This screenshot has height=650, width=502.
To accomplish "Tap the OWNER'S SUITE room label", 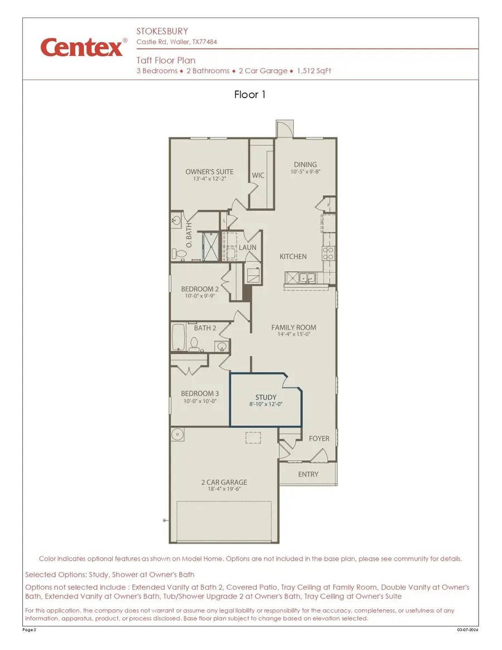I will (x=209, y=172).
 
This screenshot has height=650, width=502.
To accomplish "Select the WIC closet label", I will (x=258, y=175).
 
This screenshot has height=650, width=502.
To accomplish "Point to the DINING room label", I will (x=305, y=165).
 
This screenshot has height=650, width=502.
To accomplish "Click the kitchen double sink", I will (x=304, y=277).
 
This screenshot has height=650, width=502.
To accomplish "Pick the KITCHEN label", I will (x=293, y=257).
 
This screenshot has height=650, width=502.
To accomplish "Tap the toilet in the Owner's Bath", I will (x=180, y=254).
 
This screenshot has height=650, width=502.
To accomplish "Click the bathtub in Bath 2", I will (x=180, y=338).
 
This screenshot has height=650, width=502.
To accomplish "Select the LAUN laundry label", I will (x=248, y=247).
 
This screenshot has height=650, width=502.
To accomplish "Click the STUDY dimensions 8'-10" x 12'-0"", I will (x=266, y=405).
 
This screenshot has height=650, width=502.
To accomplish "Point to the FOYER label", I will (x=319, y=439).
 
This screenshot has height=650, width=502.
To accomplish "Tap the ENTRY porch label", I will (x=308, y=474).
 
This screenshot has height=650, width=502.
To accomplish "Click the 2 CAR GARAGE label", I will (x=224, y=482).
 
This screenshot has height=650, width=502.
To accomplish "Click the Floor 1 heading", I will (x=250, y=95).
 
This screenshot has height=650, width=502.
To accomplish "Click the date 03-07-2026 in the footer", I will (x=467, y=630).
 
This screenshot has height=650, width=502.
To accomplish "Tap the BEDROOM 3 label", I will (x=200, y=393).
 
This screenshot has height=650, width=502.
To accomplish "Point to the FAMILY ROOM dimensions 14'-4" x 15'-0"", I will (x=293, y=335).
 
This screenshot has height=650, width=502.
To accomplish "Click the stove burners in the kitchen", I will (x=328, y=254).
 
